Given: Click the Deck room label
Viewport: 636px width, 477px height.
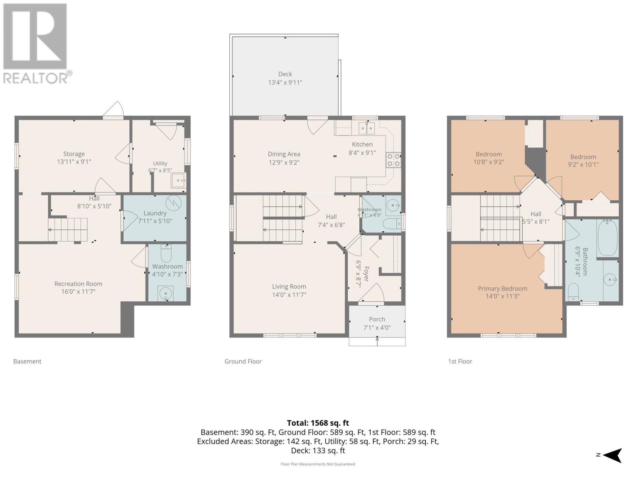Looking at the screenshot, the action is tap(285, 74).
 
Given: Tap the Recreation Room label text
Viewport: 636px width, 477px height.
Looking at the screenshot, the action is tap(78, 284).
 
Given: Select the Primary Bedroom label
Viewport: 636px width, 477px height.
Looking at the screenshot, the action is tap(502, 289).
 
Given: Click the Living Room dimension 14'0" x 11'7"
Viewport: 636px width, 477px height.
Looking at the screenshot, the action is tap(289, 295).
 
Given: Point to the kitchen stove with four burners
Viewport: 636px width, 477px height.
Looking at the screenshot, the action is tap(394, 160).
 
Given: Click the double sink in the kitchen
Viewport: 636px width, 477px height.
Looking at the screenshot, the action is tap(367, 128).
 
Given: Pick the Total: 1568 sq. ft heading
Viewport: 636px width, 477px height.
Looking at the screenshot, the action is tap(318, 423).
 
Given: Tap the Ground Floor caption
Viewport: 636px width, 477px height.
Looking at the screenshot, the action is tap(243, 361).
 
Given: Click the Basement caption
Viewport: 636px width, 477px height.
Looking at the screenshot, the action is tap(27, 361).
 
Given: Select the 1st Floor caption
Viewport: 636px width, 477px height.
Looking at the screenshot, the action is tap(460, 361).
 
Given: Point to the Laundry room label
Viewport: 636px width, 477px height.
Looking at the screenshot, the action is tap(155, 213).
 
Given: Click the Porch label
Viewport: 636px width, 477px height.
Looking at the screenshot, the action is tap(377, 319).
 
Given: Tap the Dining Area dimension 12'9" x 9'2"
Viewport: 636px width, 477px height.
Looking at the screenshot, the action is tap(284, 163).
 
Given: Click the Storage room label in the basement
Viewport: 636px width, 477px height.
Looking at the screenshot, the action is tap(74, 154).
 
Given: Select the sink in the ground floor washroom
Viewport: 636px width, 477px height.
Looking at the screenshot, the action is tap(393, 206).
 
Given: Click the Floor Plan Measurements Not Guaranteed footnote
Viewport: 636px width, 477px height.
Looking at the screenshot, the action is tap(318, 464).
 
